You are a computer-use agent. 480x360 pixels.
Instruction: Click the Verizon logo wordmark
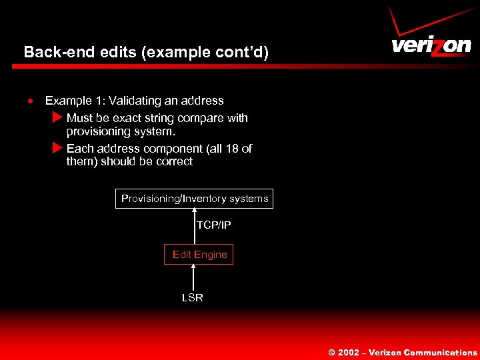coord(431,46)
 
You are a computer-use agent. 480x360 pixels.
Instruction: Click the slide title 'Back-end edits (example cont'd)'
coord(146,52)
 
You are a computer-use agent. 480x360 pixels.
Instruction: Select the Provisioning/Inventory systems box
coord(194,199)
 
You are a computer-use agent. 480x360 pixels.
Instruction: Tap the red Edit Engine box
coord(199,255)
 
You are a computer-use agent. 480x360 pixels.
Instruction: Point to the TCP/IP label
coord(213,225)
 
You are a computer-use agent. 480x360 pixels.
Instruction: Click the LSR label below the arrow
coord(193,298)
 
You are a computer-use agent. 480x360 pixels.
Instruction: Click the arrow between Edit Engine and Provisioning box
coord(194,227)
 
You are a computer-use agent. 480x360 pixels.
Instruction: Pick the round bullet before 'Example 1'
coord(30,101)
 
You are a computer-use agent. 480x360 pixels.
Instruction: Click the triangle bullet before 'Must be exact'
coord(57,118)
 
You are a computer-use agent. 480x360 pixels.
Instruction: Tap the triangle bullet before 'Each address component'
coord(57,149)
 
